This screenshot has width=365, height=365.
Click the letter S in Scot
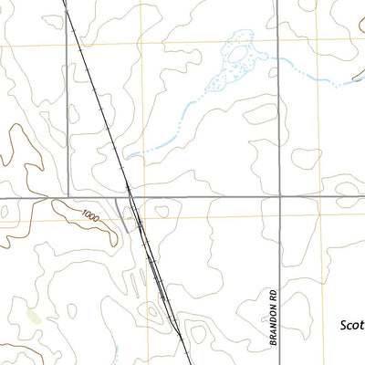tap(344, 324)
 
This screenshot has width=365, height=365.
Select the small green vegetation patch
tap(34, 317)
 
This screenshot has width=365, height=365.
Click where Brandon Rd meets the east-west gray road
tap(278, 197)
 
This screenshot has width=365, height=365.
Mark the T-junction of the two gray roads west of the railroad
tap(68, 197)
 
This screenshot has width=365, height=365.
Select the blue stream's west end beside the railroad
tap(128, 156)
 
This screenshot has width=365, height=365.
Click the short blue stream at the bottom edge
tap(117, 354)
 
